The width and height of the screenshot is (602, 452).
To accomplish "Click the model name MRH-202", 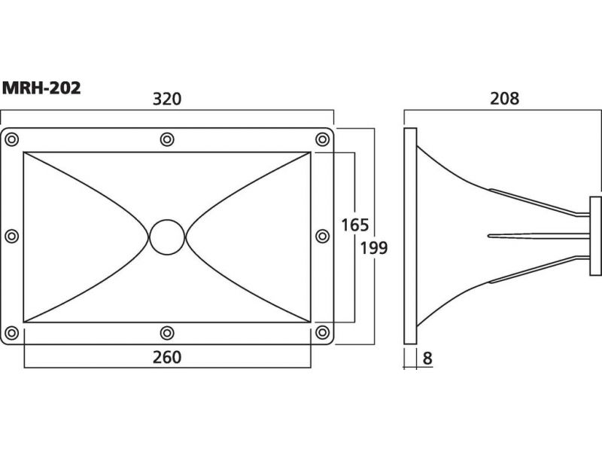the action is coord(41,88).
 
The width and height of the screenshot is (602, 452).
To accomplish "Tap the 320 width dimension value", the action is coord(167,99).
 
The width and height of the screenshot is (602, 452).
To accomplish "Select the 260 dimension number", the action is coord(167,357).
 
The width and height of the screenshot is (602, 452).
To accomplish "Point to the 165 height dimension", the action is coord(354,225).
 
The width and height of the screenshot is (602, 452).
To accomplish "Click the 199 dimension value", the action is coord(373,249).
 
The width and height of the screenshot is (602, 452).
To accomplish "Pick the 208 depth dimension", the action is coord(504,99).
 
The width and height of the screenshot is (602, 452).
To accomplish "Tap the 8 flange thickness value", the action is coord(427,359).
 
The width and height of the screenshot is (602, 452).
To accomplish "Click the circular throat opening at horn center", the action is coord(167,237).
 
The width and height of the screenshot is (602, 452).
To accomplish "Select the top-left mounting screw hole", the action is coord(12,139).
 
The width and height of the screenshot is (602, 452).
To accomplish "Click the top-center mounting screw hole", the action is coord(167,139).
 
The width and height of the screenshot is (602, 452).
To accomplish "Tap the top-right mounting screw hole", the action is coord(322,139).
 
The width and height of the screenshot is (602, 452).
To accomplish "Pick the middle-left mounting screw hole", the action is coord(12,236).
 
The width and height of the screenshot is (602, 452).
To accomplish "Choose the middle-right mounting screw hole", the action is coord(322,236).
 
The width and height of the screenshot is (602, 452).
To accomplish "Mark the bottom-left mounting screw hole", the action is coord(12,332).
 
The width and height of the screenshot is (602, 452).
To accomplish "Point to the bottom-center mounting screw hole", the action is coord(167,332).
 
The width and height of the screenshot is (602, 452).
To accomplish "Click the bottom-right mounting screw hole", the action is coord(322,332).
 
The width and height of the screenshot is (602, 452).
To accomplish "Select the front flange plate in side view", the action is coord(410,236).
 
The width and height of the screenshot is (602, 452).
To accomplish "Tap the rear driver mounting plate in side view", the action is coord(595,236).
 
